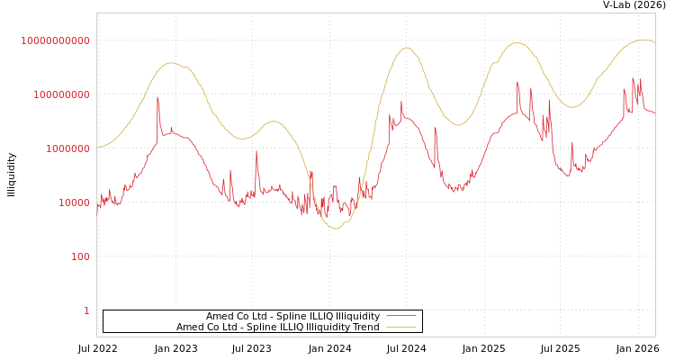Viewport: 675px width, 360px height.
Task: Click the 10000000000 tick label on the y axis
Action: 55,40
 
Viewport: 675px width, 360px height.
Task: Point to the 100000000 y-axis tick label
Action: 60,94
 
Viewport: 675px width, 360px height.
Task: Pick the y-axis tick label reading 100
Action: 80,256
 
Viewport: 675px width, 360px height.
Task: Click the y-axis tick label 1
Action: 86,310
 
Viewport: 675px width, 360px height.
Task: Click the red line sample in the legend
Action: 400,316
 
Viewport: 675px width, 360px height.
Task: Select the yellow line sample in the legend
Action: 400,327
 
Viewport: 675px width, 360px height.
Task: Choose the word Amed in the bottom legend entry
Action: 190,327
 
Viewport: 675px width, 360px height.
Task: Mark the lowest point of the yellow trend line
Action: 336,229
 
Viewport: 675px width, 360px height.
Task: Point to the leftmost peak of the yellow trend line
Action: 172,63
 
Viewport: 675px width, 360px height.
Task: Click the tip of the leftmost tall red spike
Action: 157,98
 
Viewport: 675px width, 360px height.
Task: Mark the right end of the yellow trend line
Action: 654,42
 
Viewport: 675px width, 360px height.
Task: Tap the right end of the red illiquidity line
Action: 654,112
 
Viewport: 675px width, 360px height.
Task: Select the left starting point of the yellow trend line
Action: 97,147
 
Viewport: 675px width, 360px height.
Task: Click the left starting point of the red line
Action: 97,213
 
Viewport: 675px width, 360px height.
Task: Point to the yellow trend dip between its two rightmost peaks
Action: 571,107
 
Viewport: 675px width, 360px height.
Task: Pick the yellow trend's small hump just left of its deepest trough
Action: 273,121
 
